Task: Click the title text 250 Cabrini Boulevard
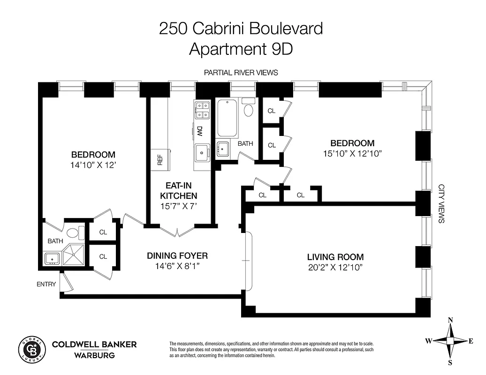241,29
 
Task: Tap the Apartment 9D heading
241,49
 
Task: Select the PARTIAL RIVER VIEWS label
241,73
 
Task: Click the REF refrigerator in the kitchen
160,160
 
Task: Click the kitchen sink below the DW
203,152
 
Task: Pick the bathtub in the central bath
228,116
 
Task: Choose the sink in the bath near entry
51,258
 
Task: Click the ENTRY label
46,284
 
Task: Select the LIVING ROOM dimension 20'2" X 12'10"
335,268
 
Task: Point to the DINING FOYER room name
177,256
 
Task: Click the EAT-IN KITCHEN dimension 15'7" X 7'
178,205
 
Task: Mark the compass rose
450,341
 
